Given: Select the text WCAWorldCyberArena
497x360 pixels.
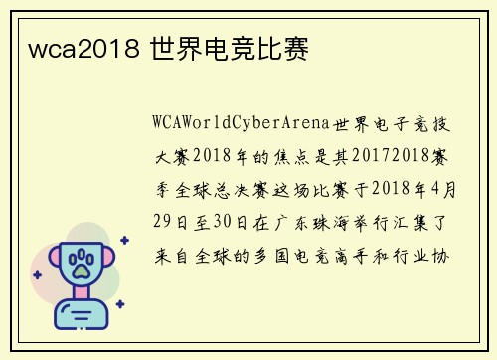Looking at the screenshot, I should pyautogui.click(x=243, y=123).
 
